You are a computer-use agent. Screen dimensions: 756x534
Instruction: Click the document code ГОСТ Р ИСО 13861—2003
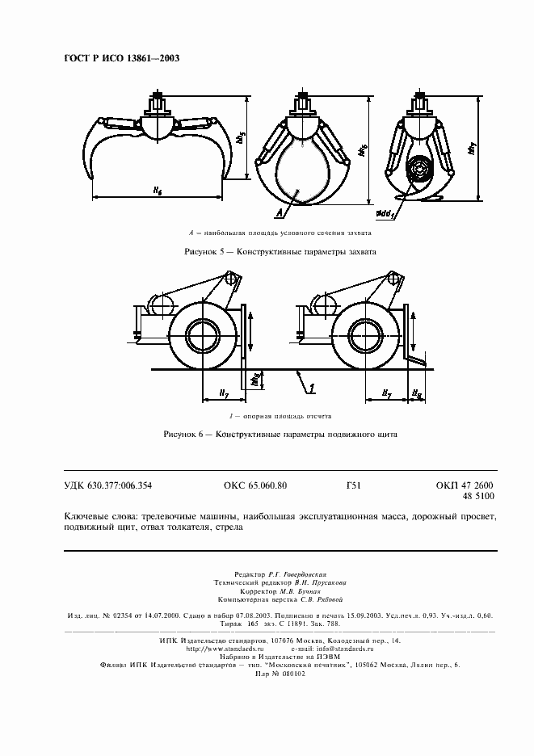[121, 59]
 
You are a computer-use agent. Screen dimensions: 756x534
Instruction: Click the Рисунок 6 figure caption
[280, 434]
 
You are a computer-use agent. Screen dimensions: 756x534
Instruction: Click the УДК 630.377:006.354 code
[107, 485]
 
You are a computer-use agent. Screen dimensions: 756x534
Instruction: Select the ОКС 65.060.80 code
[255, 485]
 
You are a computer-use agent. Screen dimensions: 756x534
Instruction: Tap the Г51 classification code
[352, 485]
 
